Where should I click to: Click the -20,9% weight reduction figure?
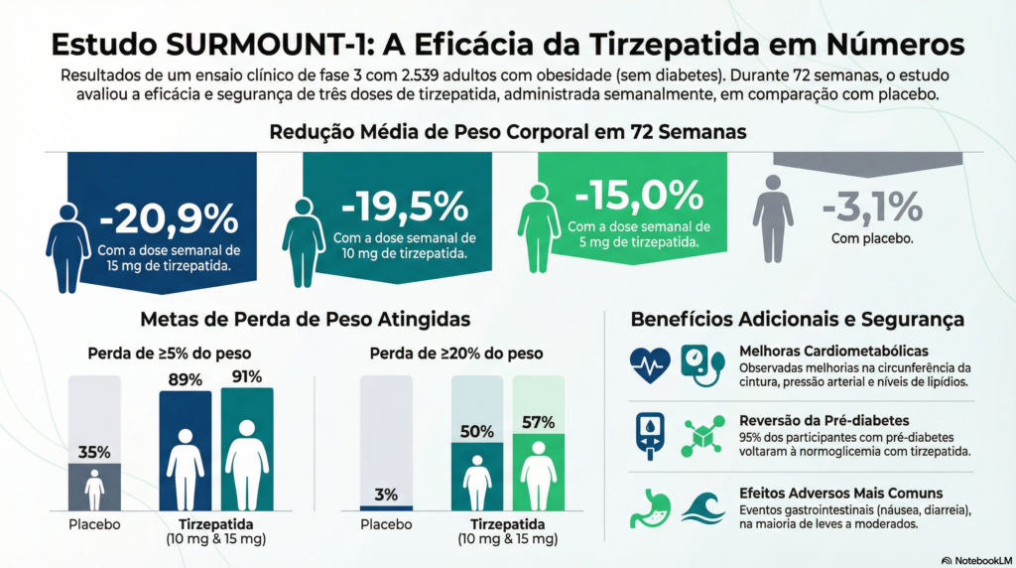169,216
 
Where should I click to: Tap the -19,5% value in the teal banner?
404,207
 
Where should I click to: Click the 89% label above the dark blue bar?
186,379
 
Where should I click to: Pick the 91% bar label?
247,376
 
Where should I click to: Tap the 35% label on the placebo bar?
94,452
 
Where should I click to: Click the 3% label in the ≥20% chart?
387,495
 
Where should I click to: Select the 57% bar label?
539,422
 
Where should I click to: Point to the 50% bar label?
477,431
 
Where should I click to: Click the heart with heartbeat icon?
650,365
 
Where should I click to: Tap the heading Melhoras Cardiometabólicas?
833,351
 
